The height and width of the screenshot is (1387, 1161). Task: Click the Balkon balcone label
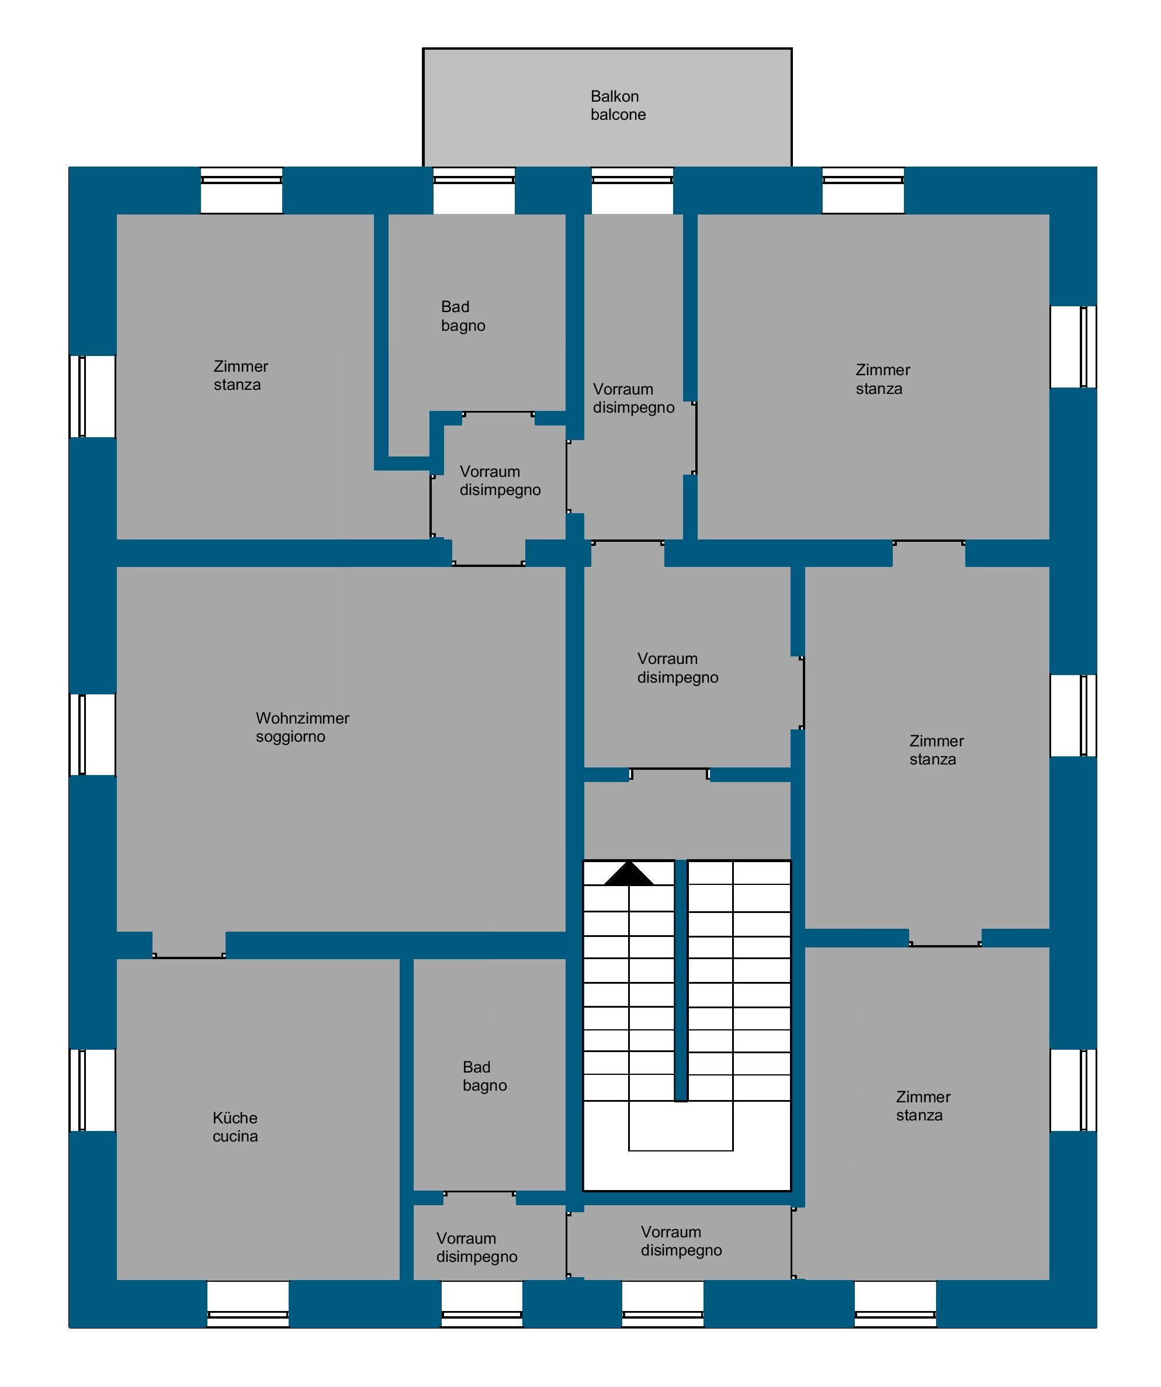tap(618, 106)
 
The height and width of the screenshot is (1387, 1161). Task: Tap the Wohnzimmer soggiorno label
tap(303, 727)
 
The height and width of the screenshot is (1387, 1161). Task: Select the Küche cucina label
tap(235, 1127)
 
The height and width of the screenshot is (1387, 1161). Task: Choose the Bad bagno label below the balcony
tap(463, 316)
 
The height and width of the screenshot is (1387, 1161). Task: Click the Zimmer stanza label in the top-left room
tap(240, 375)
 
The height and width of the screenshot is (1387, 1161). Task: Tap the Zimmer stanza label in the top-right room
tap(883, 379)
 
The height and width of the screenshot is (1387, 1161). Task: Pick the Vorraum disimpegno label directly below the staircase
tap(681, 1241)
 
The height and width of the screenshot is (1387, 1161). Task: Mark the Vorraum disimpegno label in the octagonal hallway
tap(500, 481)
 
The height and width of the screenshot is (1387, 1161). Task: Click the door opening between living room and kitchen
tap(189, 946)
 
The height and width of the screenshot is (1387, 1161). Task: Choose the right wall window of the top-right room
tap(1073, 347)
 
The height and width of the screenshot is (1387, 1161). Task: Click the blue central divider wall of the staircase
tap(681, 980)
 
